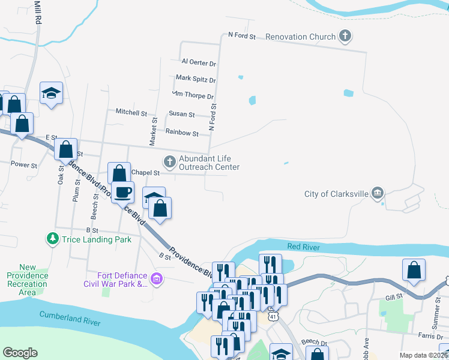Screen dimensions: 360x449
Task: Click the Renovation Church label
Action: [301, 37]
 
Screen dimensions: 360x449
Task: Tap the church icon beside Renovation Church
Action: [345, 37]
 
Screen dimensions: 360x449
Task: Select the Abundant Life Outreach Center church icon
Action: [170, 161]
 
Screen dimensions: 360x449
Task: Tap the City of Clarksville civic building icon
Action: [377, 193]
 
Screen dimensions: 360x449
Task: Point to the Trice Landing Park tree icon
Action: [53, 239]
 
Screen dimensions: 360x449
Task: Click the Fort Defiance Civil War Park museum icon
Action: [157, 278]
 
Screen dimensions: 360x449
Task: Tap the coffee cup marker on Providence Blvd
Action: [123, 192]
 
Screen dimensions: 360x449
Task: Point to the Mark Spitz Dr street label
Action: [196, 79]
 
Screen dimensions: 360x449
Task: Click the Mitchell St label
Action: [131, 112]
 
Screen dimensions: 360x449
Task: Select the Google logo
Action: [20, 353]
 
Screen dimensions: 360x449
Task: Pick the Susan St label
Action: [181, 114]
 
